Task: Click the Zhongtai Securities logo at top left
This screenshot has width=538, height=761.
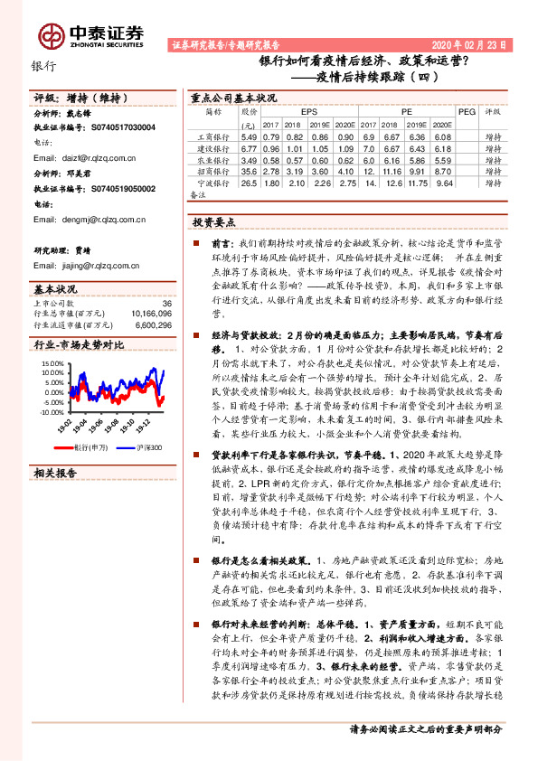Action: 90,33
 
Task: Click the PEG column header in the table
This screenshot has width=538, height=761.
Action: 467,112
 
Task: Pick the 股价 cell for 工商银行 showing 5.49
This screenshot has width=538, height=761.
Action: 250,136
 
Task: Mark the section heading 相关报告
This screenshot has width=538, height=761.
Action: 54,473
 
